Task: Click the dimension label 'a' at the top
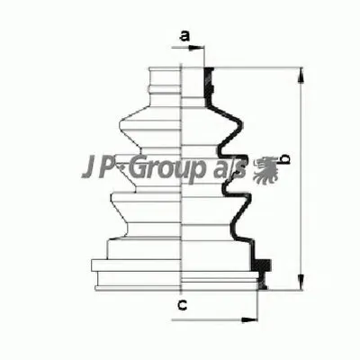(x=184, y=36)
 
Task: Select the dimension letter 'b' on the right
(x=284, y=159)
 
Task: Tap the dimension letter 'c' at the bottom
(x=182, y=304)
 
